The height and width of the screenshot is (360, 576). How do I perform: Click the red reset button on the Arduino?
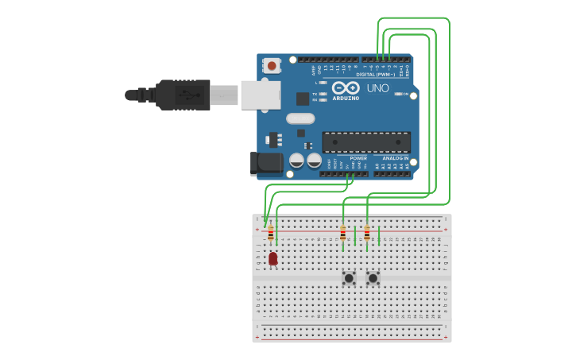click(x=272, y=66)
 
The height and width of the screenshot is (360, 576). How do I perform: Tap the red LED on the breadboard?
click(x=273, y=258)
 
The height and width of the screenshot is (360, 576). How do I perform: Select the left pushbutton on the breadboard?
click(x=349, y=278)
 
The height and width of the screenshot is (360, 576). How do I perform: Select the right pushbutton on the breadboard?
click(x=373, y=278)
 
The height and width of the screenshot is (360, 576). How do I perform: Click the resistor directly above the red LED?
click(x=271, y=233)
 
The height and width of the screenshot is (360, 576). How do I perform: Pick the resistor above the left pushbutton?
click(x=343, y=233)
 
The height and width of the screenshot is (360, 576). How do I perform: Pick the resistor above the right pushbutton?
click(x=367, y=233)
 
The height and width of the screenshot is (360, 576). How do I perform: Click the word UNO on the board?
click(x=377, y=88)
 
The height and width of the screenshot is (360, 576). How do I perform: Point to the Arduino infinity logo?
click(x=346, y=87)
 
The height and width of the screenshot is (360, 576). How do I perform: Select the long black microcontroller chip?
click(x=366, y=142)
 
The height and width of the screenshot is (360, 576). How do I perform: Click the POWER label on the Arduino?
click(x=358, y=158)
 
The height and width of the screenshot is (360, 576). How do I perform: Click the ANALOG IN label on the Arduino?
click(x=395, y=158)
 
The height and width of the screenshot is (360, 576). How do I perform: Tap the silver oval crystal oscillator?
click(x=300, y=118)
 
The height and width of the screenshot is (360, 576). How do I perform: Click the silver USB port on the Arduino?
click(x=261, y=95)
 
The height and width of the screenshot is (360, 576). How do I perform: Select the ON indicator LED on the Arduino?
click(x=398, y=94)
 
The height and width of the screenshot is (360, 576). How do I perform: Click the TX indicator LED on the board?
click(x=323, y=94)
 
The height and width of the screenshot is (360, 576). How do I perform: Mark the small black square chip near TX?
click(x=303, y=99)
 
